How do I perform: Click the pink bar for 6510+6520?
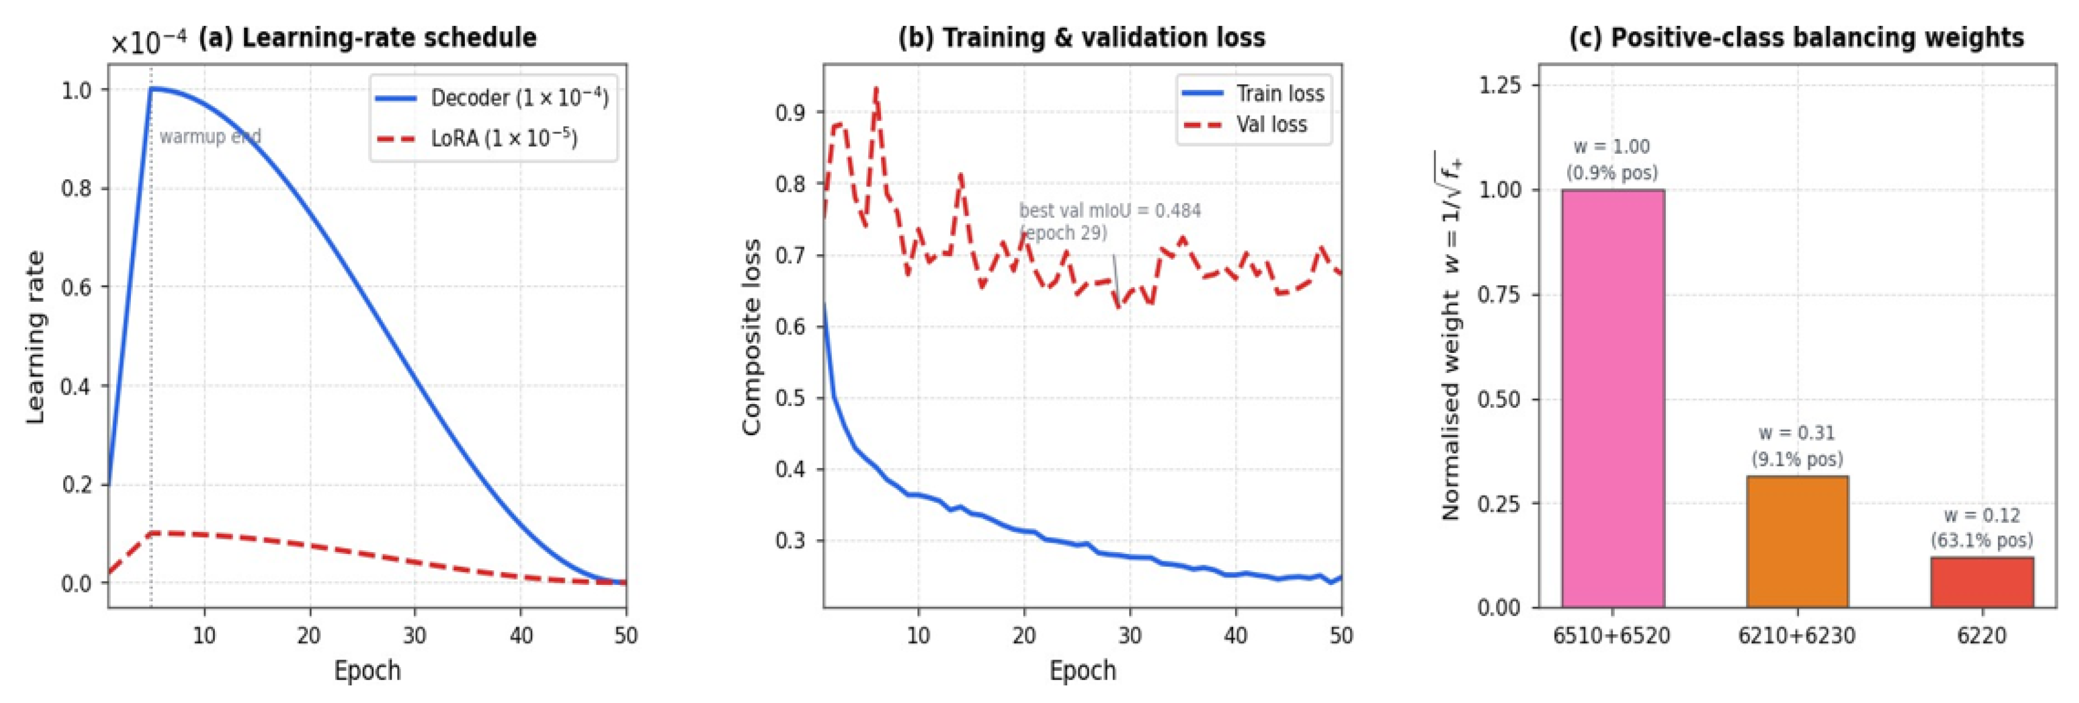pos(1612,398)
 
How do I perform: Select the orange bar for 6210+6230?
pos(1797,541)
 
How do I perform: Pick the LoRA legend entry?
pos(476,138)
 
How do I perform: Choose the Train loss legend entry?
pos(1253,93)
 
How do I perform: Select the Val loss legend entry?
pos(1244,125)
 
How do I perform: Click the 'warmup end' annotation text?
pos(210,136)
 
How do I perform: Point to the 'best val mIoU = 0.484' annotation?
pos(1110,211)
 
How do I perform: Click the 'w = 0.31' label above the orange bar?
pos(1797,433)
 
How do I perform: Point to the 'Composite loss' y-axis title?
pos(751,337)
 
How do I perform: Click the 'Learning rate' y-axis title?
pos(35,337)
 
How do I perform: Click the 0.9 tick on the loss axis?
pos(791,112)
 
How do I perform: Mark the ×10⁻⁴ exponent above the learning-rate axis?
pos(148,41)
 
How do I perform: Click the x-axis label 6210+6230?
pos(1797,635)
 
